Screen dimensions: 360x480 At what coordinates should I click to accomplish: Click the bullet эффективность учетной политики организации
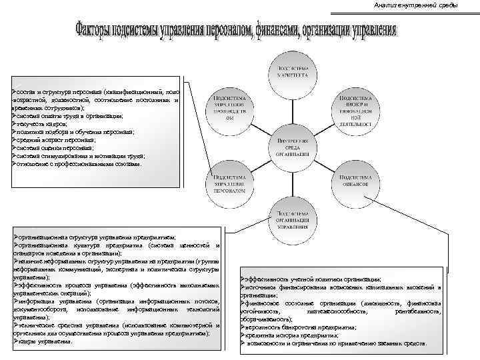click(313, 279)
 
